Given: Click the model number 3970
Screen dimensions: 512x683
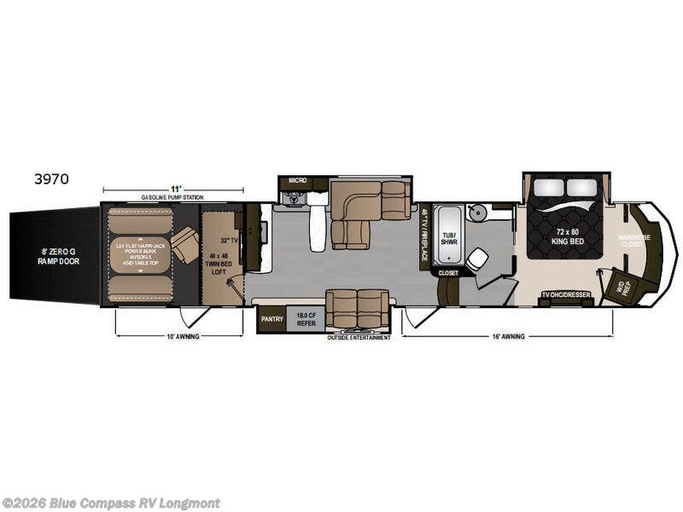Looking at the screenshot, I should click(x=52, y=179).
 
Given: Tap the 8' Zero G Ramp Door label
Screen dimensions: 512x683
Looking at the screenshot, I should click(x=53, y=255).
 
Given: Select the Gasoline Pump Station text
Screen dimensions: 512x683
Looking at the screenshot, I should click(x=172, y=197).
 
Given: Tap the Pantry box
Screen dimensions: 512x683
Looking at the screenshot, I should click(x=271, y=319).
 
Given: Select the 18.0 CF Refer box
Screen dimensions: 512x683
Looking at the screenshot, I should click(x=305, y=319).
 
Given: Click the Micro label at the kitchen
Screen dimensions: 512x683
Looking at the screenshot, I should click(x=297, y=181).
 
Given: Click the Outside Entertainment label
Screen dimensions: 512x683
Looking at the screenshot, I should click(x=359, y=338).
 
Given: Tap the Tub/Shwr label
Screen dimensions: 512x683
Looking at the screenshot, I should click(x=448, y=237).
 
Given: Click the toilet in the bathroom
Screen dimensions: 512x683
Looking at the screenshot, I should click(x=477, y=258).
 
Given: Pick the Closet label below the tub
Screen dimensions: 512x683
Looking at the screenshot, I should click(x=448, y=273).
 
